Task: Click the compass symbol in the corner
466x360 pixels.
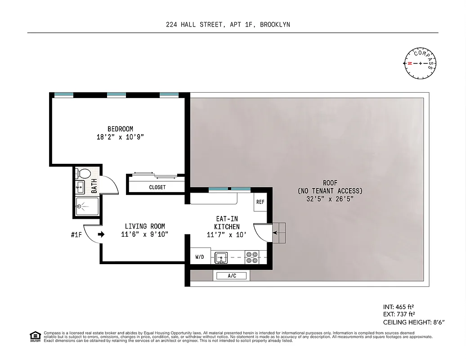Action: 421,63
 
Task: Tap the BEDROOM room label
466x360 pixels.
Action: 120,129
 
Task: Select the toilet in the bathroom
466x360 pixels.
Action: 82,174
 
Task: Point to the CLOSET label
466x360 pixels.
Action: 157,187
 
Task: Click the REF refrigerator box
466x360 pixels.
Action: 260,202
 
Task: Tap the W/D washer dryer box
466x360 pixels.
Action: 200,257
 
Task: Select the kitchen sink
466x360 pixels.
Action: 220,257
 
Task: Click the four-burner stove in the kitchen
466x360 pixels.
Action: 252,257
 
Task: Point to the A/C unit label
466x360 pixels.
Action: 232,276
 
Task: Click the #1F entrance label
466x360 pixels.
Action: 77,234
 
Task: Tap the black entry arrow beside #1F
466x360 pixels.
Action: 101,234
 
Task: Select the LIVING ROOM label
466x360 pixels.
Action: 145,226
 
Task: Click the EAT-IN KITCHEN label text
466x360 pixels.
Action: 227,223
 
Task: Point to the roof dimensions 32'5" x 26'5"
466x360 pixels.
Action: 330,198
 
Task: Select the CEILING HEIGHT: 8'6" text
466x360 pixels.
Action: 413,322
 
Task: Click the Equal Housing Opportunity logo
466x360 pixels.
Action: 34,336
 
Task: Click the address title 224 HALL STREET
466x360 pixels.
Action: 194,25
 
